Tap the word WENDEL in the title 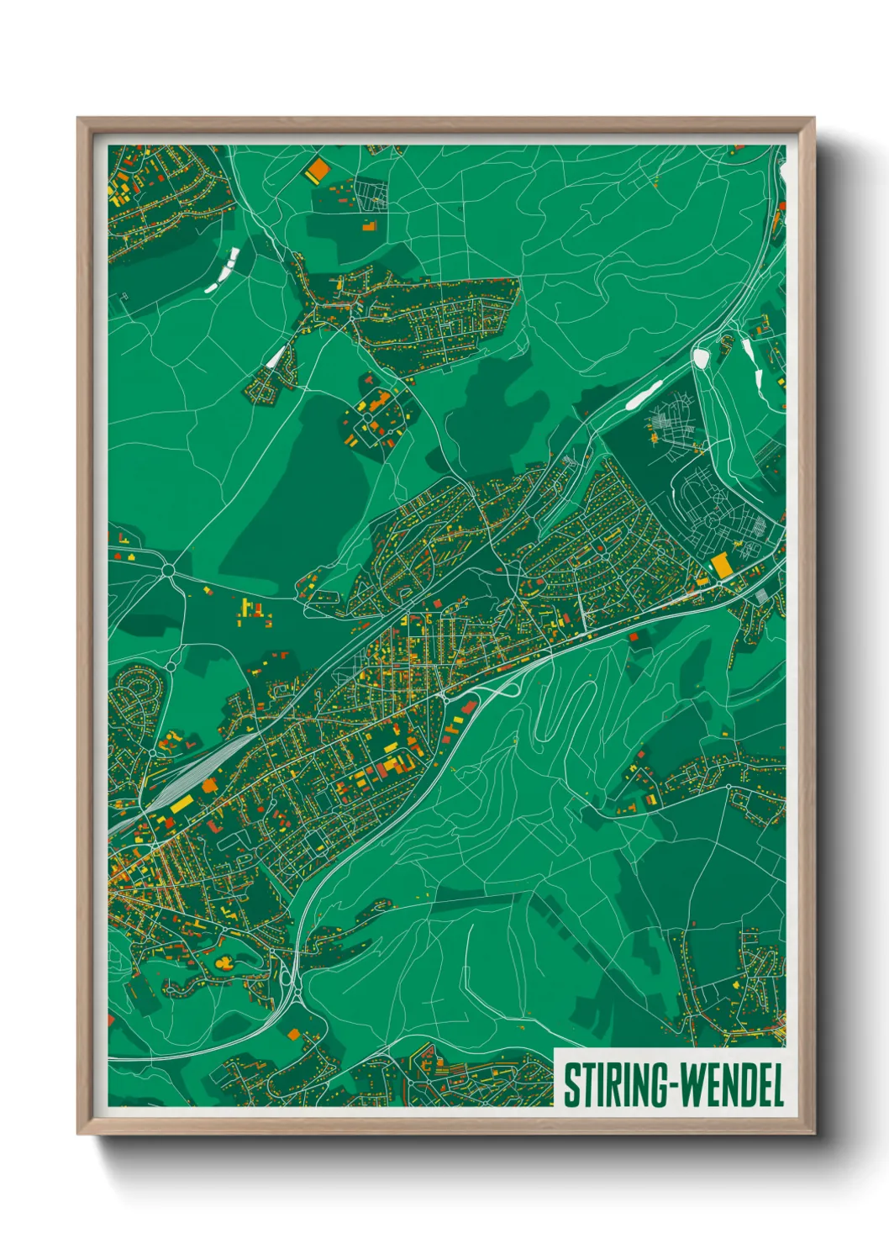[730, 1085]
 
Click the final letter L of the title [776, 1085]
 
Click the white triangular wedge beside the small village [276, 357]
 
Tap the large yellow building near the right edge [721, 565]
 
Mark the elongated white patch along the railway [644, 394]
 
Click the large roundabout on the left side [168, 571]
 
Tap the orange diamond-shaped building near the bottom [293, 1034]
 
